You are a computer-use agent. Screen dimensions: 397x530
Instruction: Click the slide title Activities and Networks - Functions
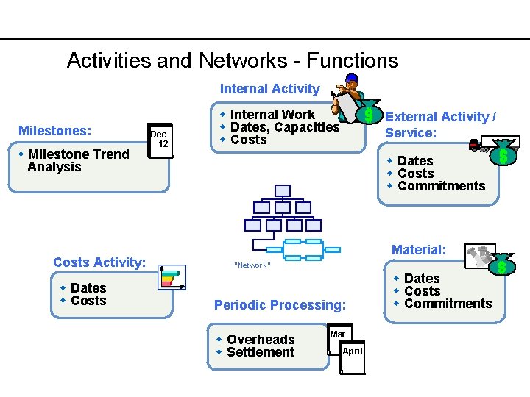(x=232, y=60)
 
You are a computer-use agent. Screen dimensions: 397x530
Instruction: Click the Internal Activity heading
(x=269, y=89)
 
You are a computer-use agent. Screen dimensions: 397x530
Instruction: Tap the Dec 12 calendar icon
(x=159, y=140)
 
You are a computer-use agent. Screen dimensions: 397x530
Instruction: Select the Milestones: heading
(x=55, y=131)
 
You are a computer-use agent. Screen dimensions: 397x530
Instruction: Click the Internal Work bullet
(x=272, y=115)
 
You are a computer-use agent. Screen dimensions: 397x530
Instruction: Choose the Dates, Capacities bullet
(x=284, y=127)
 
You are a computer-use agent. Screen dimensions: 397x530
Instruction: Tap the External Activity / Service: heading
(x=440, y=124)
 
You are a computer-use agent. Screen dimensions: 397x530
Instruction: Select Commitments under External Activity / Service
(x=441, y=186)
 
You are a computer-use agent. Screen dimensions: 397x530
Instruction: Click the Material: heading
(x=418, y=250)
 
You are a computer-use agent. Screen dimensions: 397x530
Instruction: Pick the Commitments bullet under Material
(x=448, y=304)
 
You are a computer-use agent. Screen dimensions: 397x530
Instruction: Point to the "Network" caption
(x=252, y=265)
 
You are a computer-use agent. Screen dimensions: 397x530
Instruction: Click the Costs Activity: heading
(x=99, y=262)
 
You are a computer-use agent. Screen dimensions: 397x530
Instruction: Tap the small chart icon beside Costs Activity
(x=172, y=277)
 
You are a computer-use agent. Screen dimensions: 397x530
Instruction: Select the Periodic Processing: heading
(x=280, y=304)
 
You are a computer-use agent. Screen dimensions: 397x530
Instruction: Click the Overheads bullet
(x=261, y=340)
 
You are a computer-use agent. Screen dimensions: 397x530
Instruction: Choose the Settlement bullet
(x=261, y=352)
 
